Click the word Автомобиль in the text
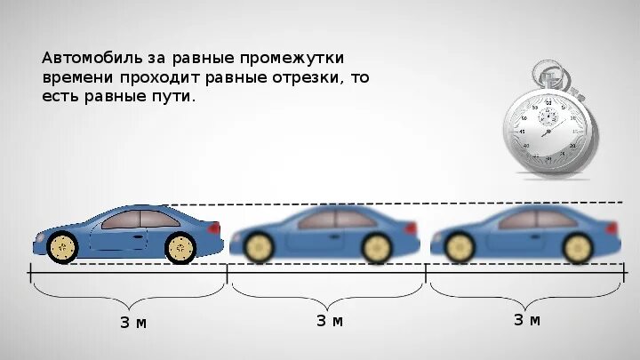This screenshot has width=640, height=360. click(x=88, y=58)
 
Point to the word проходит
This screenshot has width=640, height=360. click(x=159, y=77)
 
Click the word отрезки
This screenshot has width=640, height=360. click(x=305, y=77)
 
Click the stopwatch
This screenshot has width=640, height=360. click(x=549, y=124)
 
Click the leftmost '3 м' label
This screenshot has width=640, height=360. click(x=133, y=322)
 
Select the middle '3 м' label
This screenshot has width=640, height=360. click(x=329, y=321)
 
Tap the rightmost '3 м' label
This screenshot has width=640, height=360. click(x=526, y=320)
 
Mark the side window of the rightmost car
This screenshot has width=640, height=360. click(x=529, y=219)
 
